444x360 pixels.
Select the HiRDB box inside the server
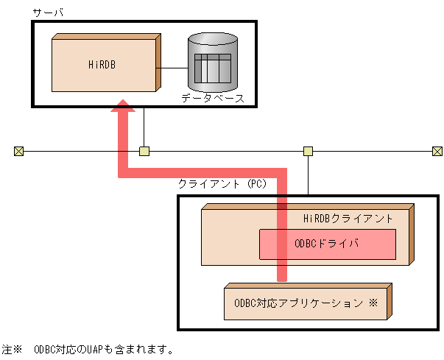point(103,81)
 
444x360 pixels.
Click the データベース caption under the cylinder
point(213,98)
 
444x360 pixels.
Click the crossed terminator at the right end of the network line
point(437,152)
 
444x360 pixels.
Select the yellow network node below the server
point(144,152)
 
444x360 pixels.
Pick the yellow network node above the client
point(309,152)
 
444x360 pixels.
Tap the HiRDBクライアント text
point(348,219)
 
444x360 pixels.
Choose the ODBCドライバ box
point(327,244)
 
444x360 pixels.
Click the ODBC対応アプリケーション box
point(306,303)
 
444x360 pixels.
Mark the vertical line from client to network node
point(309,175)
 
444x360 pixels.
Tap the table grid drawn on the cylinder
point(213,68)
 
